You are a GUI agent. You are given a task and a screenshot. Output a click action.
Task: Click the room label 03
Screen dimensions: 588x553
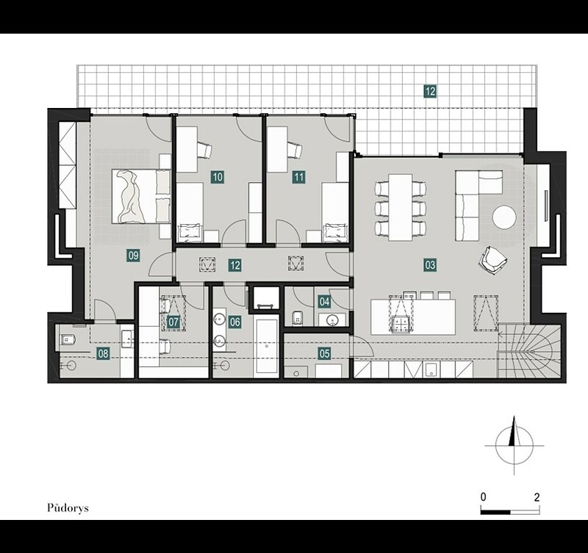[430, 265]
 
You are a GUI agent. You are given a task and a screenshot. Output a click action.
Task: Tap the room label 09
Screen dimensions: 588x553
[134, 256]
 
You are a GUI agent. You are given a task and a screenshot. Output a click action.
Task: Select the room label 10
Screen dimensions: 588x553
[218, 177]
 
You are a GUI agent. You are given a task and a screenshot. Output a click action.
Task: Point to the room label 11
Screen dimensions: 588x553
[299, 177]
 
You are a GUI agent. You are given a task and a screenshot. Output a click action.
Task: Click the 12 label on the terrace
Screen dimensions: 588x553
[430, 91]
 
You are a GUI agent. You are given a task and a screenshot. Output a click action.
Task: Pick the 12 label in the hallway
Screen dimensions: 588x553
[235, 265]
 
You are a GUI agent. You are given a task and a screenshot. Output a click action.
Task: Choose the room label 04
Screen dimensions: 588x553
[324, 301]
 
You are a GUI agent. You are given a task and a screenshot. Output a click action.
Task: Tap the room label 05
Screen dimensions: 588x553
[324, 353]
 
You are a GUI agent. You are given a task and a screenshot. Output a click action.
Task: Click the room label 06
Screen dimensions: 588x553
[235, 322]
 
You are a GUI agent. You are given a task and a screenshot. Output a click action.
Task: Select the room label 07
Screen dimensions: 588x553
[173, 322]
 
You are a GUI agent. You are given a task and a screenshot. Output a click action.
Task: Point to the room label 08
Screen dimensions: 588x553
[103, 353]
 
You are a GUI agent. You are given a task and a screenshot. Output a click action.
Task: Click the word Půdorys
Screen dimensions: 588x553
[68, 508]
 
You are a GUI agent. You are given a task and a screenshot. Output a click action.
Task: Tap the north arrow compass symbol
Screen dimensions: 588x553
[514, 445]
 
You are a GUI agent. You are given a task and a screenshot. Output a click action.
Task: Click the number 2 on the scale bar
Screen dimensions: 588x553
[537, 497]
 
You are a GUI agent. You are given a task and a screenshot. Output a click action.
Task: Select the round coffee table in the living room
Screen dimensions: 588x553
[504, 217]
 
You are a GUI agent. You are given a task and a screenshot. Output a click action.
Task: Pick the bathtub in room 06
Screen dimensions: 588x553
[266, 346]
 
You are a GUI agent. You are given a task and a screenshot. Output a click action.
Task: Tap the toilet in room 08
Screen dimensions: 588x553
[68, 340]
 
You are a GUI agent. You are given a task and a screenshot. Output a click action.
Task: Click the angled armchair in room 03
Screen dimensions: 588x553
[492, 260]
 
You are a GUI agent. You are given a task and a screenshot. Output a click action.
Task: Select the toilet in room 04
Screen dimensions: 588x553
[297, 318]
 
